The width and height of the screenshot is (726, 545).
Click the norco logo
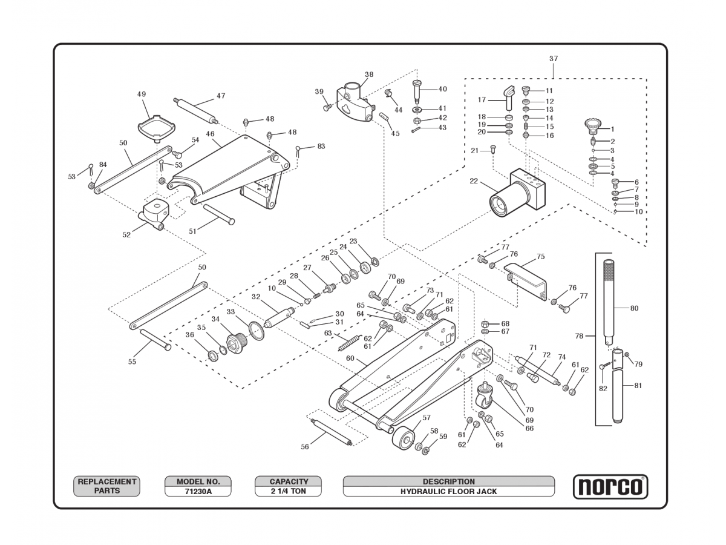click(610, 487)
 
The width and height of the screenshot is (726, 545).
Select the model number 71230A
click(198, 491)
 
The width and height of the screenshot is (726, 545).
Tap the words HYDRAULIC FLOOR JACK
click(448, 491)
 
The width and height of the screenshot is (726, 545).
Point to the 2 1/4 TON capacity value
click(288, 491)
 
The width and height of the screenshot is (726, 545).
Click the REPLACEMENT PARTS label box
click(106, 486)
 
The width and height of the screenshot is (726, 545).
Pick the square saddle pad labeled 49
click(156, 128)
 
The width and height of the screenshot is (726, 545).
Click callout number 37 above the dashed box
click(554, 59)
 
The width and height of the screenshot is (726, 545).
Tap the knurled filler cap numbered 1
click(591, 127)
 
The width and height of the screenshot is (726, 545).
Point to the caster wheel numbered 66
click(485, 397)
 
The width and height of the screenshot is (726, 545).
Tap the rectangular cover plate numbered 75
click(528, 280)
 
